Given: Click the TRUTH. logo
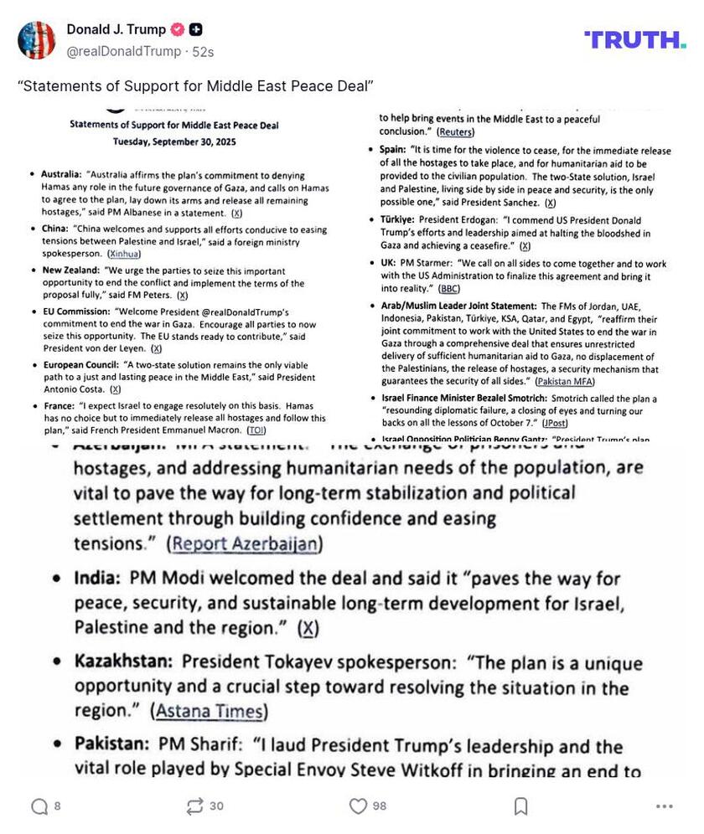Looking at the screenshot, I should point(634,39).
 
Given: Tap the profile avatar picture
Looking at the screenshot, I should point(37,40).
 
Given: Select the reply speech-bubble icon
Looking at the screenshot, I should point(39,806).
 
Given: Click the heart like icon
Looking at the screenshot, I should point(359,806).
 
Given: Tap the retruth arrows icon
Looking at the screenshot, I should point(195,806).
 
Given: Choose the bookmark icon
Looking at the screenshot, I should point(520,806).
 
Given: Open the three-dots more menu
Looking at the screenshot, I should point(665,806).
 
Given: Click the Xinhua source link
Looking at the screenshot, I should point(124,254).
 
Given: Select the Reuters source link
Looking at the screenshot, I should point(455,132).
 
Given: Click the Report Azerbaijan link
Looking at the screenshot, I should point(245,543).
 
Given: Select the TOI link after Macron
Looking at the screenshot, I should point(256,430).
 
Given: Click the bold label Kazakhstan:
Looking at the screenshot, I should point(123,662).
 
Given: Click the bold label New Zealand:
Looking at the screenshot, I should point(71,271).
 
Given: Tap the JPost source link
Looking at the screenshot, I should point(554,424).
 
